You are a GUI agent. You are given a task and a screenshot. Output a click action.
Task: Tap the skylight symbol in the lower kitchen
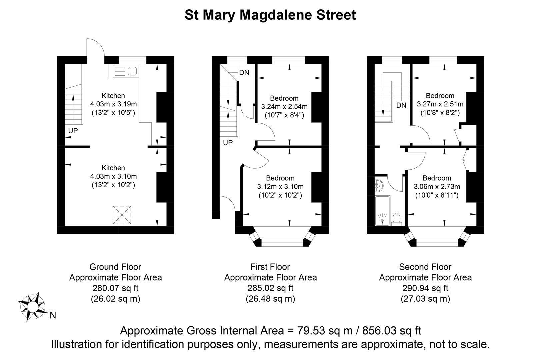tap(122, 215)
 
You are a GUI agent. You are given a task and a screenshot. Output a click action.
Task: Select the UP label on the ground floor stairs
tap(73, 131)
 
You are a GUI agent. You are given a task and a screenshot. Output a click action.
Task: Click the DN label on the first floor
tap(244, 73)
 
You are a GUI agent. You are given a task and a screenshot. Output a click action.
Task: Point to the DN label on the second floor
tap(401, 105)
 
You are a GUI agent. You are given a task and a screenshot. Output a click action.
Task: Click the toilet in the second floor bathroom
tap(396, 219)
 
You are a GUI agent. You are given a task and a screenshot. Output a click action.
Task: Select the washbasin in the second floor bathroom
tap(379, 186)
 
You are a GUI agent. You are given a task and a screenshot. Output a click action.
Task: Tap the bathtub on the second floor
tap(382, 211)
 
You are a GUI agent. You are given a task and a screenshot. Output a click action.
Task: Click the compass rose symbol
tap(32, 307)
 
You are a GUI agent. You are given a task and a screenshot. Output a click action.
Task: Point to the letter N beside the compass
tap(53, 315)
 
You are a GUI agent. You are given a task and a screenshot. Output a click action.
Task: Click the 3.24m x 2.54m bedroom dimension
tap(284, 107)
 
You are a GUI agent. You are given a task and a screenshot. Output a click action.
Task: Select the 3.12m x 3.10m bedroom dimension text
tap(280, 186)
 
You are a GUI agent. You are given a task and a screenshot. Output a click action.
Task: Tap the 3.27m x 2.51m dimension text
tap(440, 104)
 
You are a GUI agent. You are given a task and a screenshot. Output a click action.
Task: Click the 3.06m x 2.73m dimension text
tap(437, 186)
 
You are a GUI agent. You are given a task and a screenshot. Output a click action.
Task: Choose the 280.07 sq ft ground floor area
tap(115, 288)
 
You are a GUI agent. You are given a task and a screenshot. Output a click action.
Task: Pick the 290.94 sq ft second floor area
tap(425, 288)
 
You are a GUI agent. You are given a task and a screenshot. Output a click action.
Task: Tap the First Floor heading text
tap(270, 267)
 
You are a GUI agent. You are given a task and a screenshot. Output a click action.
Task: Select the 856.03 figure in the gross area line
tap(379, 331)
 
